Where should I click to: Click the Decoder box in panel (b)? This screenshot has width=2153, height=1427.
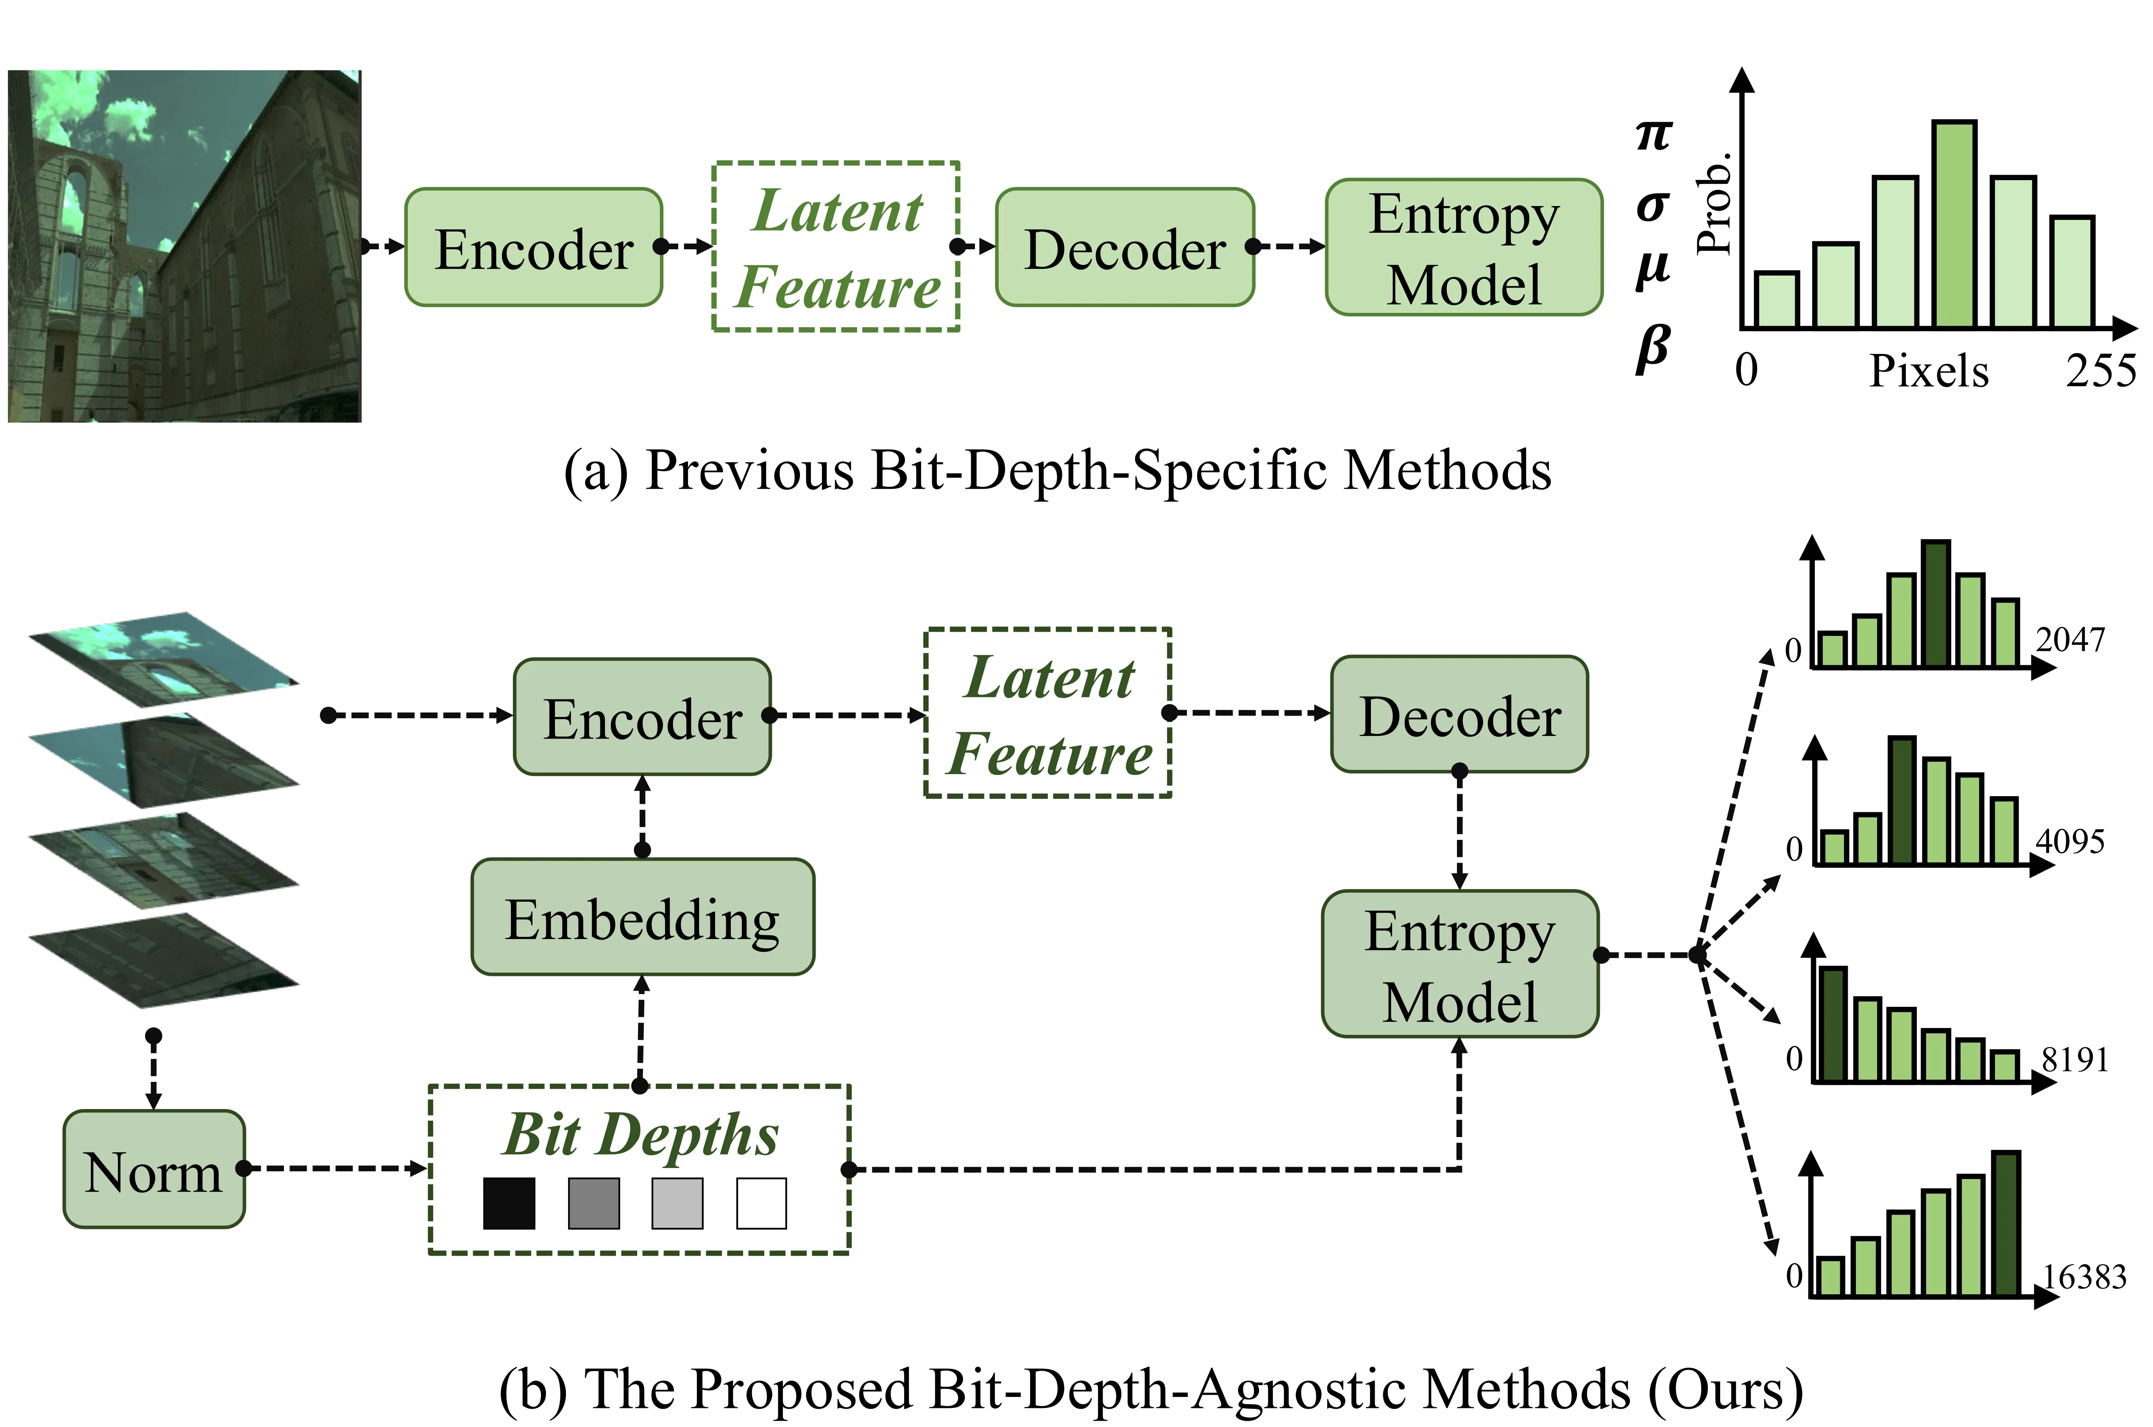(x=1459, y=714)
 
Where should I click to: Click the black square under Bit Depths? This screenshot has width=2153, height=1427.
(x=510, y=1203)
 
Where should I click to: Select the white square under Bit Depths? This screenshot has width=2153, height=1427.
(x=762, y=1203)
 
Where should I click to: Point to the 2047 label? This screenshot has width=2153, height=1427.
(x=2070, y=640)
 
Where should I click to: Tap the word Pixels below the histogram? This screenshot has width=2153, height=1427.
(x=1929, y=371)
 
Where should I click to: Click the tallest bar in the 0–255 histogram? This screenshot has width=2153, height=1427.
(x=1955, y=224)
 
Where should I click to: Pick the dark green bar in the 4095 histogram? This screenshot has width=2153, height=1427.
(x=1902, y=800)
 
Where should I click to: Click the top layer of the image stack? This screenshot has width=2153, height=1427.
(x=164, y=659)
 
